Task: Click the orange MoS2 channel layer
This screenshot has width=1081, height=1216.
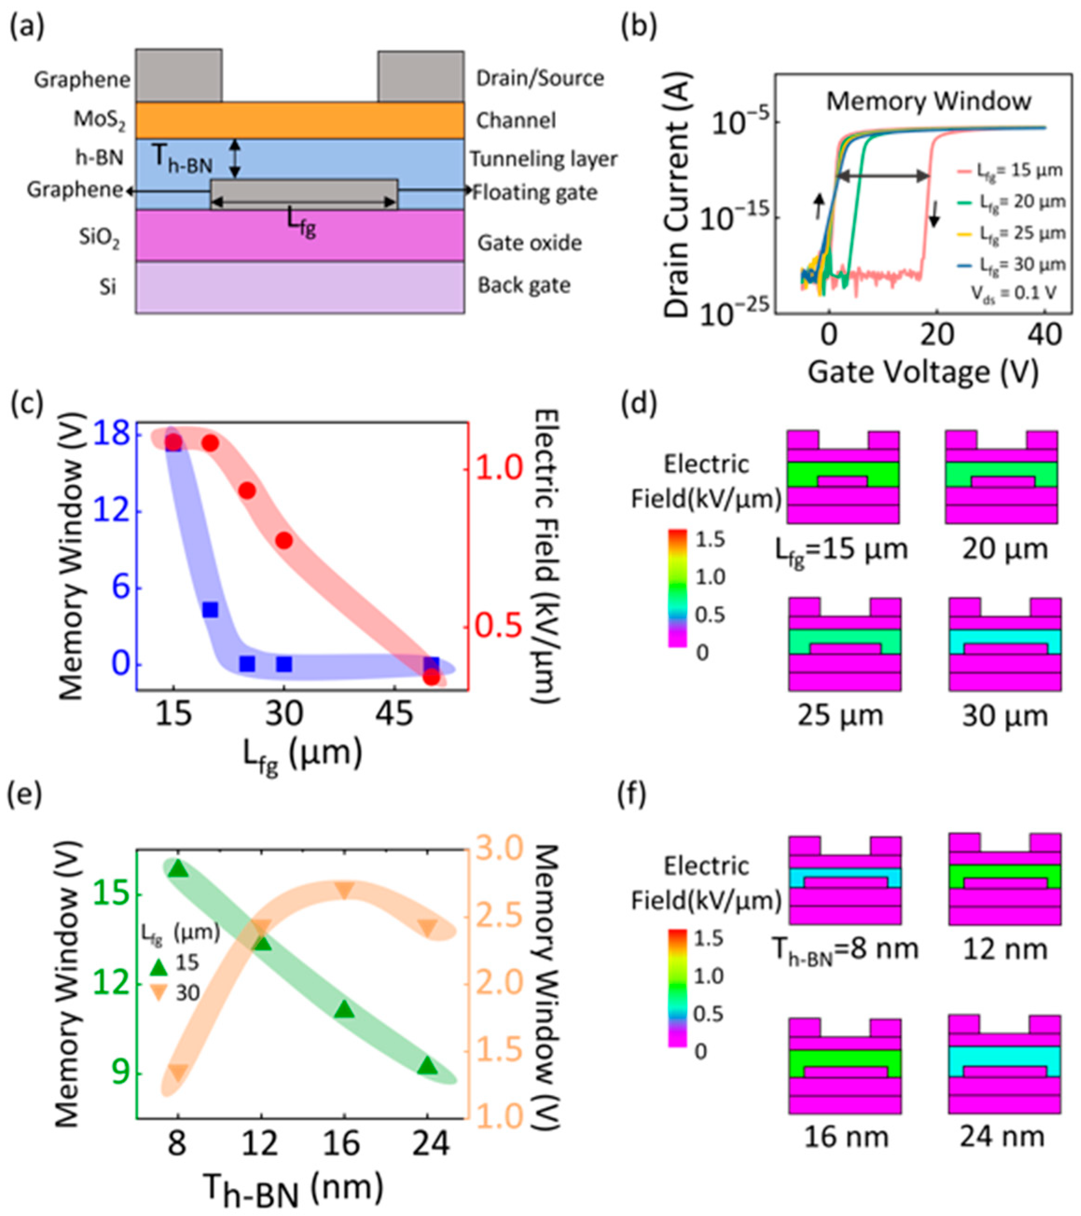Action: coord(299,120)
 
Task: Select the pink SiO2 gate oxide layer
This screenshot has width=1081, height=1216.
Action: coord(299,235)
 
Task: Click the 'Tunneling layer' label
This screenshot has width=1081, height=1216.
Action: coord(544,159)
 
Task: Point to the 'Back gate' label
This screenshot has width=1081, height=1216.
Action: coord(524,286)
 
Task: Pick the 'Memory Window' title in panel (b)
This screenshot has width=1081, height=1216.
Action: coord(929,101)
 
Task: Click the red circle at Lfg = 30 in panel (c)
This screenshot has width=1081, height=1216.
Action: coord(284,540)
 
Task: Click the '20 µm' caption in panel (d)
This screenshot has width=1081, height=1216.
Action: coord(1004,548)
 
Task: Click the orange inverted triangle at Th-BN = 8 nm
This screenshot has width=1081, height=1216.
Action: coord(178,1072)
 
